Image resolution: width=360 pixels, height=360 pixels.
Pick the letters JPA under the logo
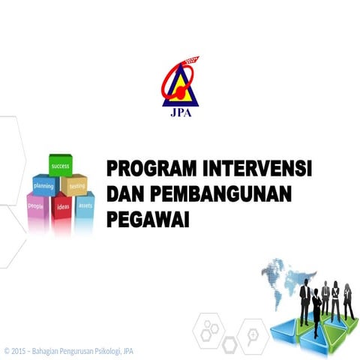point(180,115)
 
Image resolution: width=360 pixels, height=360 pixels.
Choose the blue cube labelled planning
point(45,184)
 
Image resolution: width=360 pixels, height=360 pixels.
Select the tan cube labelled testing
point(75,184)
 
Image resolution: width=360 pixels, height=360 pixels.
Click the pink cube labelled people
point(37,205)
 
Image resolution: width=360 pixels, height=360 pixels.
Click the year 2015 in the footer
point(19,350)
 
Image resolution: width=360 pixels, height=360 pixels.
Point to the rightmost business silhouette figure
point(348,301)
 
